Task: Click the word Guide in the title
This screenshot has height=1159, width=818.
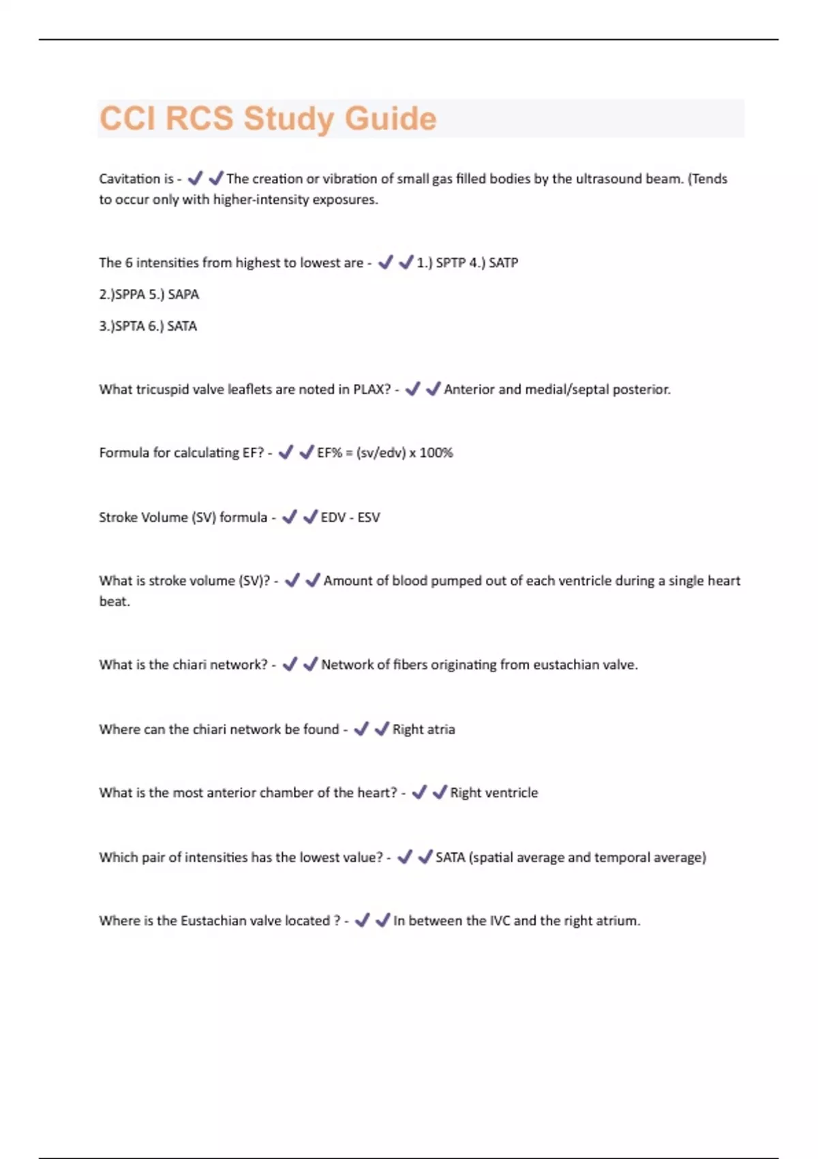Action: tap(390, 119)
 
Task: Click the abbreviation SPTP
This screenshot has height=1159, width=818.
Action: tap(450, 262)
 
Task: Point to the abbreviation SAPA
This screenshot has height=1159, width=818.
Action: tap(183, 295)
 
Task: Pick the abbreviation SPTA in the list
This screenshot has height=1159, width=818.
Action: tap(130, 326)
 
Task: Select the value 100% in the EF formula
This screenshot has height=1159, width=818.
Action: tap(436, 453)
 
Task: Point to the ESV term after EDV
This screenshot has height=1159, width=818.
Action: tap(369, 517)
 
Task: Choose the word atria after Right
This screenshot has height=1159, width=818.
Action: tap(441, 729)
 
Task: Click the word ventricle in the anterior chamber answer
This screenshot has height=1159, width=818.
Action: tap(511, 793)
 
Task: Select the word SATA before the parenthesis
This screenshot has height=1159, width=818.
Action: tap(450, 857)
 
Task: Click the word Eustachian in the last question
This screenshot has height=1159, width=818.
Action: tap(213, 920)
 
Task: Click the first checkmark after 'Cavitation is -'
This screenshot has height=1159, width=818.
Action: tap(195, 178)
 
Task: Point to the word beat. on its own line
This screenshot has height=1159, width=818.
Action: tap(115, 601)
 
